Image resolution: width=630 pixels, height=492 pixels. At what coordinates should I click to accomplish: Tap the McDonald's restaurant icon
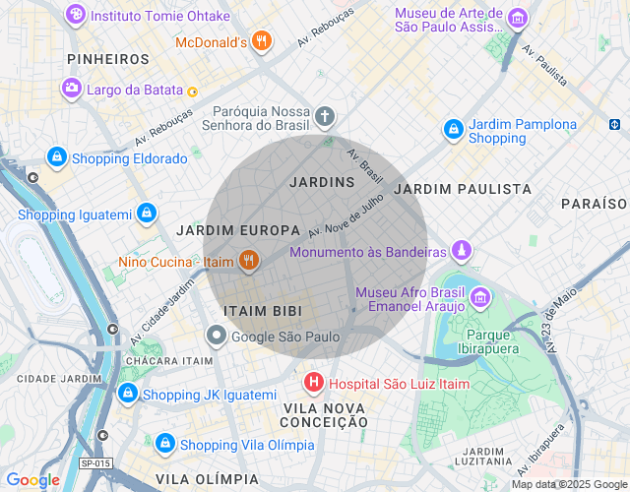(260, 41)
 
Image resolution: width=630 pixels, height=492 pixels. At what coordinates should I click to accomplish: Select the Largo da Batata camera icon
(72, 90)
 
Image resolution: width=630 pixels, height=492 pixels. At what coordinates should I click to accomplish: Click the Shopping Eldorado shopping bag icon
(57, 157)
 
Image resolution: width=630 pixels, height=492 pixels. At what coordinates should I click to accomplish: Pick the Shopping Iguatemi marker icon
(147, 214)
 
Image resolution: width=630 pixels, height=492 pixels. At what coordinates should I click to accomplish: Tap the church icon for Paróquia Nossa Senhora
(325, 117)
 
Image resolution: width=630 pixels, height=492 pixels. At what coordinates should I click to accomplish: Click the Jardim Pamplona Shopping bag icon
(453, 129)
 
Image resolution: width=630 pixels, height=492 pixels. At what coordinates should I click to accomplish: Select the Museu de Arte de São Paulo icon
(517, 19)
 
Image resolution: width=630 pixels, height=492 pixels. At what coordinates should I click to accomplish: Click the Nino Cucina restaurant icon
(249, 261)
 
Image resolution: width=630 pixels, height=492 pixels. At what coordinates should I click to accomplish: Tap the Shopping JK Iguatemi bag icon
(127, 394)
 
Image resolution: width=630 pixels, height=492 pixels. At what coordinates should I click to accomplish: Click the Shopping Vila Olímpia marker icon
(165, 444)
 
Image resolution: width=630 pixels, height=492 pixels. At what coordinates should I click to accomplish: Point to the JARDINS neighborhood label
(322, 182)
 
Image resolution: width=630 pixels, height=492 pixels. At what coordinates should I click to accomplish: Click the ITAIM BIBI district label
(261, 311)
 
